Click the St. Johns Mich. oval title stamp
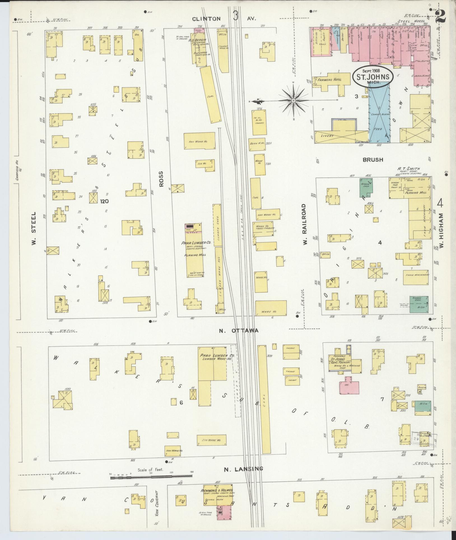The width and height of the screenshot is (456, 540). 371,76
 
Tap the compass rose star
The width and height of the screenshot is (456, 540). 293,100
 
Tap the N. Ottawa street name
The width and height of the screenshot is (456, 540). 238,331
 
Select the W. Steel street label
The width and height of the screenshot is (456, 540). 34,228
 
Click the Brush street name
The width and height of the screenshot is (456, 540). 373,160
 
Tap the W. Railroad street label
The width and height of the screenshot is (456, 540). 305,224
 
